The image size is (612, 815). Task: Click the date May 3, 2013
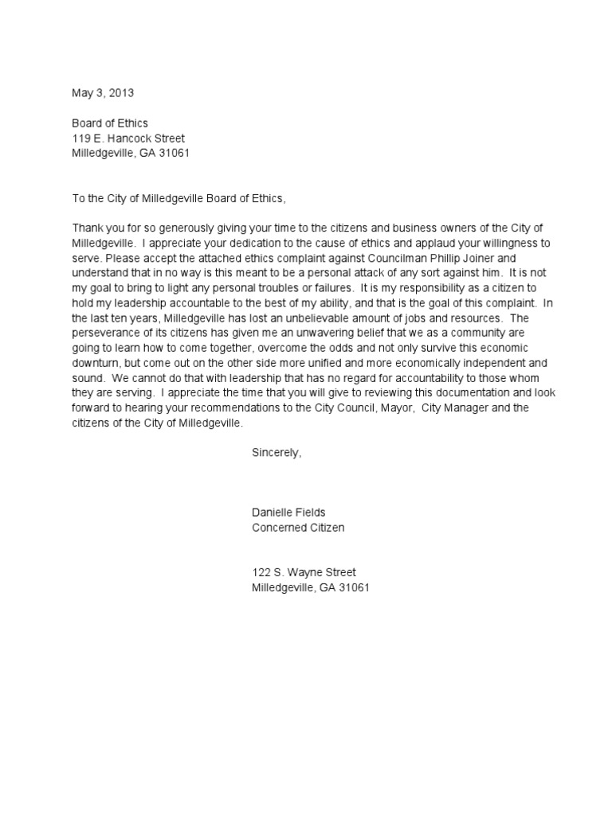103,92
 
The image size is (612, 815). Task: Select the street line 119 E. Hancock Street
128,138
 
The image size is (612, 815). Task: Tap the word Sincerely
277,452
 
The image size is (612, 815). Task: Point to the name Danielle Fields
289,513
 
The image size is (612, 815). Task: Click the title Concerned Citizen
298,528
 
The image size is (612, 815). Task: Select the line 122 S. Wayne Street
304,572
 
